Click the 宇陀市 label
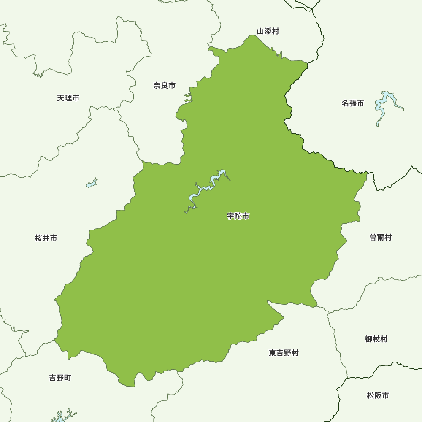[238, 216]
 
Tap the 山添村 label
[268, 31]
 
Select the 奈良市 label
[164, 86]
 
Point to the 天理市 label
[68, 98]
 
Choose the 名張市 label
[352, 103]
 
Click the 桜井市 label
[46, 238]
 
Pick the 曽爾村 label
[380, 238]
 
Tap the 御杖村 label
[376, 339]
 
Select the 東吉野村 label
[283, 353]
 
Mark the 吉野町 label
[60, 378]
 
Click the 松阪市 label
[378, 396]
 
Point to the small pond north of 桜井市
[92, 184]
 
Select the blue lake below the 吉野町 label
[61, 417]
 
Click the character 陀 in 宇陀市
[238, 216]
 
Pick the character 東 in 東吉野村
[272, 353]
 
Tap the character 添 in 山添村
[268, 31]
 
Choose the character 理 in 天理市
[68, 98]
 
